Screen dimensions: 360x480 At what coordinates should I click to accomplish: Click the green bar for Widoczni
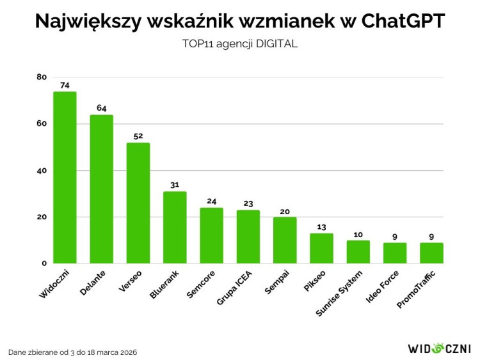click(x=65, y=177)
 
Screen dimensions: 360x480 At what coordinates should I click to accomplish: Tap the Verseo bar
click(x=138, y=203)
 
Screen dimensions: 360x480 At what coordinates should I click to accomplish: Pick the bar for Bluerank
click(x=175, y=227)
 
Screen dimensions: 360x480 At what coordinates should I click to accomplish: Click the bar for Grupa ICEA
click(x=248, y=236)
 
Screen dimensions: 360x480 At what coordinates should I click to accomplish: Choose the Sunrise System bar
click(x=358, y=251)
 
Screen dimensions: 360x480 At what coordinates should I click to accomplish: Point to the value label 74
click(x=65, y=84)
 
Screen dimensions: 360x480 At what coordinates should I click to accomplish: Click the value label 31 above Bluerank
click(x=175, y=185)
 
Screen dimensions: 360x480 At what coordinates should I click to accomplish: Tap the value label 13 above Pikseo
click(x=322, y=226)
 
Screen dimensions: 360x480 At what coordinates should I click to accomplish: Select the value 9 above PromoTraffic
click(x=432, y=236)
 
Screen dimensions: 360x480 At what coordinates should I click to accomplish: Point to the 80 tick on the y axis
click(x=42, y=77)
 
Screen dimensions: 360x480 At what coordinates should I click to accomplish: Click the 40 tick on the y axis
click(x=42, y=171)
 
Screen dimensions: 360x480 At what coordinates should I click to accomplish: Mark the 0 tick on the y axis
click(x=44, y=263)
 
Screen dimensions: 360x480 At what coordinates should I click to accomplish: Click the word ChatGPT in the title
click(x=403, y=21)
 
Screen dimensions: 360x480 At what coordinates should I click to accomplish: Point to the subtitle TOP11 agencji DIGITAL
click(x=240, y=45)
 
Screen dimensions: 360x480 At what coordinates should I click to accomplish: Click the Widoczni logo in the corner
click(x=439, y=348)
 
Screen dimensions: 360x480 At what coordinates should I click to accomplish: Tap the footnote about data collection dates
click(x=72, y=352)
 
